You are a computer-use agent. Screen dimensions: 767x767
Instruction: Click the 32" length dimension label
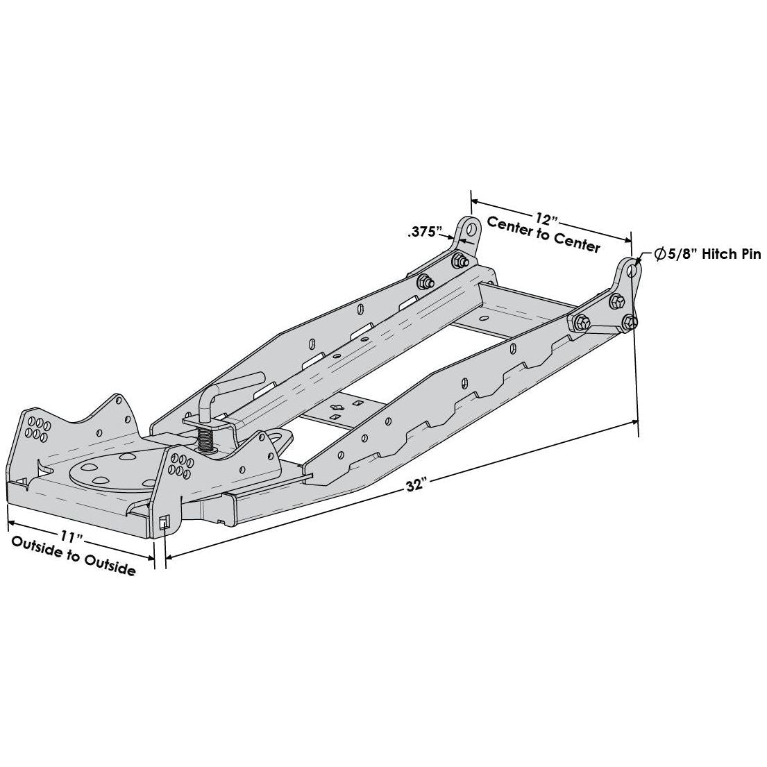(415, 485)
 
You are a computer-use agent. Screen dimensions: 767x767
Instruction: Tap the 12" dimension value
(546, 220)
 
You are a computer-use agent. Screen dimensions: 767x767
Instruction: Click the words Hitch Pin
(731, 255)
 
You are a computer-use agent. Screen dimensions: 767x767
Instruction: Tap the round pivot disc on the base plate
(115, 473)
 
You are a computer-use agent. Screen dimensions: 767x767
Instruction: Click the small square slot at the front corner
(164, 523)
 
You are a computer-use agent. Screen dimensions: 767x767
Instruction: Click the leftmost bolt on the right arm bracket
(582, 323)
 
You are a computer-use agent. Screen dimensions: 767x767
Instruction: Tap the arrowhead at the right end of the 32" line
(637, 421)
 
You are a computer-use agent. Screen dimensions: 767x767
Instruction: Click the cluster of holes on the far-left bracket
(37, 428)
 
